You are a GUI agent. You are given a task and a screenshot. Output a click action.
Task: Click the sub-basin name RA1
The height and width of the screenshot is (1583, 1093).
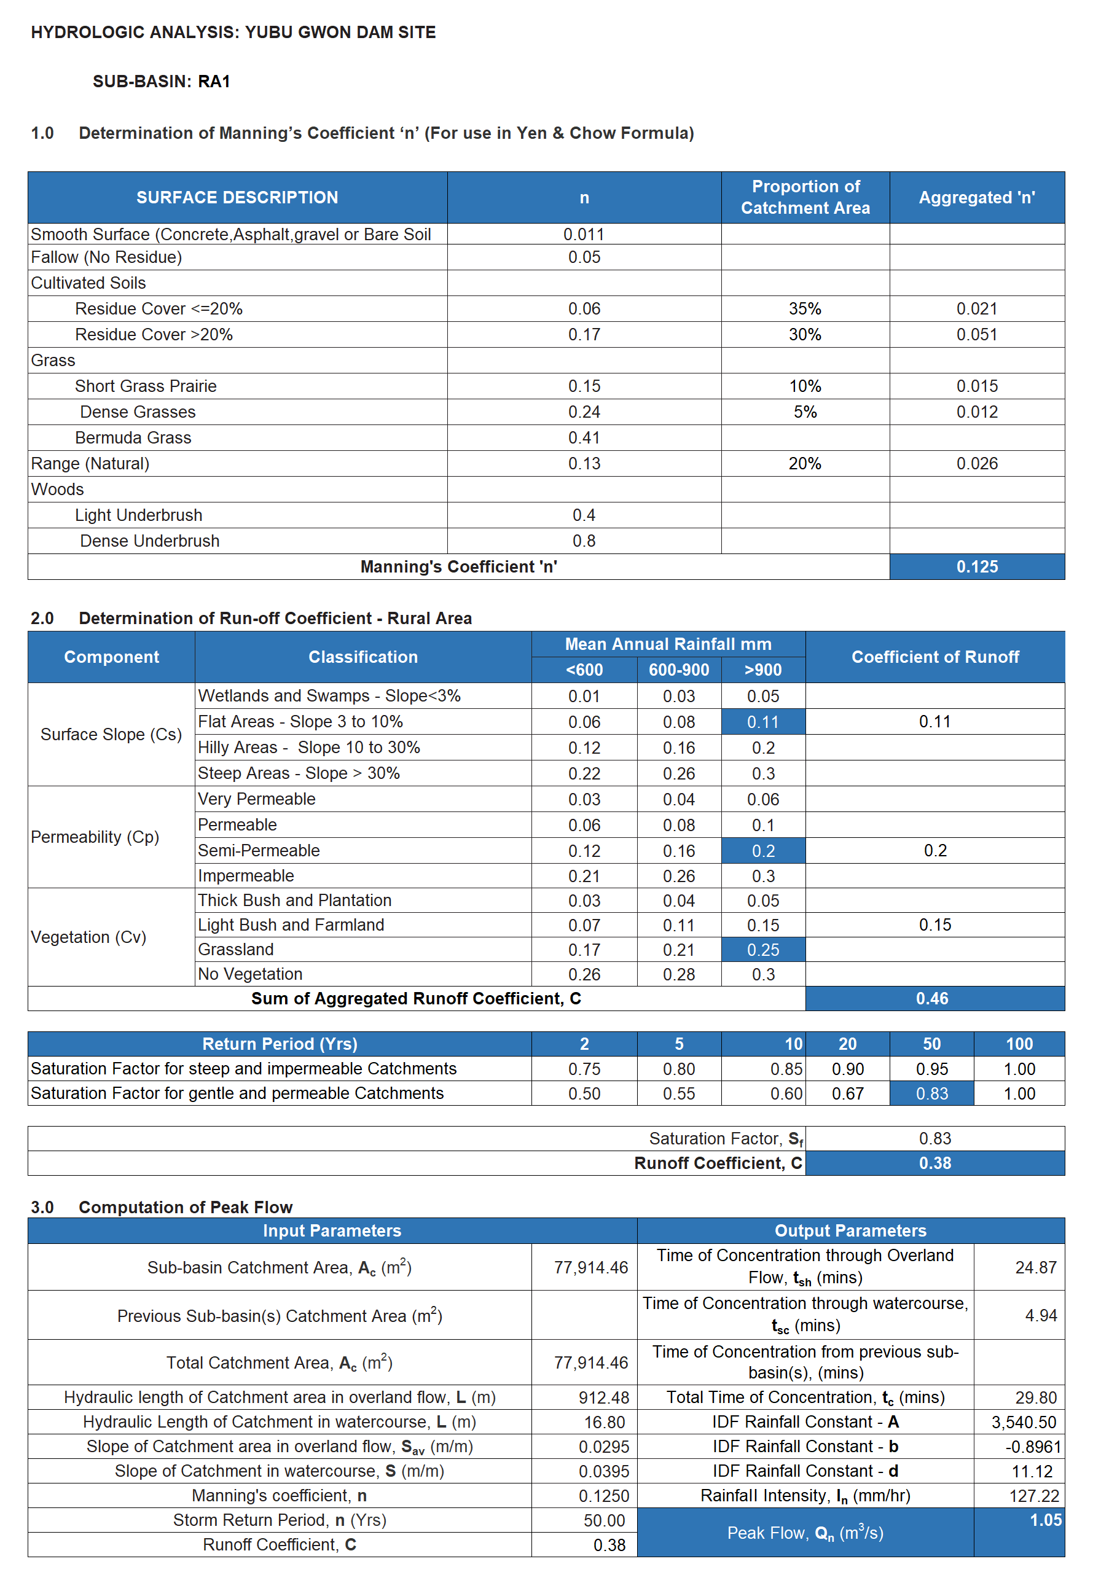click(214, 82)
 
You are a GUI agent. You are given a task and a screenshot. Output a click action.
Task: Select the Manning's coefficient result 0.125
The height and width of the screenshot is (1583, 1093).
click(977, 567)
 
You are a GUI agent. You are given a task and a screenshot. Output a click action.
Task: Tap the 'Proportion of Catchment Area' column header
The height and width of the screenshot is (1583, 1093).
click(805, 197)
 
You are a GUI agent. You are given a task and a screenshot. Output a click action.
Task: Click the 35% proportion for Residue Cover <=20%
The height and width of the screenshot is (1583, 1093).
click(805, 309)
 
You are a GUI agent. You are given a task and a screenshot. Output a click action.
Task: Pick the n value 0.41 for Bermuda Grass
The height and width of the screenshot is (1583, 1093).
click(584, 437)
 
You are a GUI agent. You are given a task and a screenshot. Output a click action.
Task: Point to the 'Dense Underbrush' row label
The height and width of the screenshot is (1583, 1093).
click(149, 541)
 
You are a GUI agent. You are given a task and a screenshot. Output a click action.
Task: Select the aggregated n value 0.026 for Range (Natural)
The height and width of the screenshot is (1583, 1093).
click(977, 464)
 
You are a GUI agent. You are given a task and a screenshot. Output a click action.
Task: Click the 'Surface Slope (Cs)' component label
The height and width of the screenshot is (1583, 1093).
click(111, 734)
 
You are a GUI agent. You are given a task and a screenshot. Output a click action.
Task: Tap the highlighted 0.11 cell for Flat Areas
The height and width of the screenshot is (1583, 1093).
click(763, 722)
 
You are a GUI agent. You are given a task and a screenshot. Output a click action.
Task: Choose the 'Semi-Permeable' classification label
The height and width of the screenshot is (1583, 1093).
click(259, 850)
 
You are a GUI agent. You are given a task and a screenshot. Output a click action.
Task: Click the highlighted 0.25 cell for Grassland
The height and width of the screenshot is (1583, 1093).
click(763, 950)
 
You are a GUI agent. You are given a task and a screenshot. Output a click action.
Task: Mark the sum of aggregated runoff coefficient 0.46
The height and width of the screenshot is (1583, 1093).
click(932, 998)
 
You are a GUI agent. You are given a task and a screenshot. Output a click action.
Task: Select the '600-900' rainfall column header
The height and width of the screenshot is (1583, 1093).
click(679, 670)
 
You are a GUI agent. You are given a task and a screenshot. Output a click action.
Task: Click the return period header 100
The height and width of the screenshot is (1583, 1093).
click(1019, 1044)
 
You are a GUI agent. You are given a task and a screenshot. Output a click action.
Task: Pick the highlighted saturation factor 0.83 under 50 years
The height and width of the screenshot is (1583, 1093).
click(931, 1093)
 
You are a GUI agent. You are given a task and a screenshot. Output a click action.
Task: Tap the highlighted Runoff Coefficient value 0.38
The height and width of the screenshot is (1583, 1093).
click(935, 1163)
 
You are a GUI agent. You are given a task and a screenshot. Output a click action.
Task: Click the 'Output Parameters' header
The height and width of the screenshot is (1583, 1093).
click(850, 1230)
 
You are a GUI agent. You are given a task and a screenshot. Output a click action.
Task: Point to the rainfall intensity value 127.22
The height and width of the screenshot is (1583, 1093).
click(1033, 1496)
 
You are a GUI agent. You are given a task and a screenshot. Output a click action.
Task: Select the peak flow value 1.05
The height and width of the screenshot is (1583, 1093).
click(1045, 1520)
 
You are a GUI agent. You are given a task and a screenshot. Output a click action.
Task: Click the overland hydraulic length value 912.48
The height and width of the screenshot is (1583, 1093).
click(603, 1397)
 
